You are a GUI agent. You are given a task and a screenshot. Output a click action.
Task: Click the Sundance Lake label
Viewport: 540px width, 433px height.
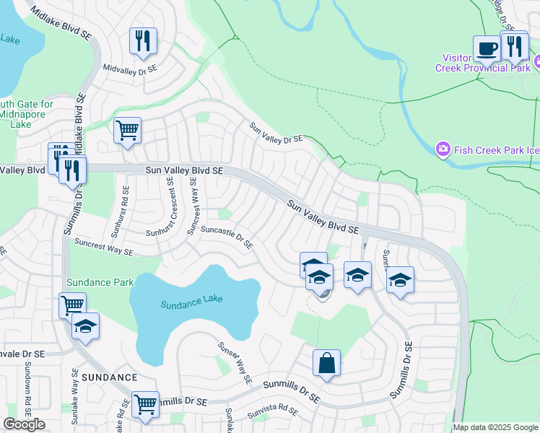pyautogui.click(x=191, y=303)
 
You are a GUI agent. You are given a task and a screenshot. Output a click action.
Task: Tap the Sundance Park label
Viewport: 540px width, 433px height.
pyautogui.click(x=100, y=281)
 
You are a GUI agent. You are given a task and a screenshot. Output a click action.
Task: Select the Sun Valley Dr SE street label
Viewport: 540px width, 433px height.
pyautogui.click(x=276, y=132)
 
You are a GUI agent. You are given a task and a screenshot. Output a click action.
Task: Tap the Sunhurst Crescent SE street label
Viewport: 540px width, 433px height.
pyautogui.click(x=171, y=206)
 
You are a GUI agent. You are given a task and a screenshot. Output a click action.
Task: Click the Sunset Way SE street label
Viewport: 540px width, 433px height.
pyautogui.click(x=235, y=361)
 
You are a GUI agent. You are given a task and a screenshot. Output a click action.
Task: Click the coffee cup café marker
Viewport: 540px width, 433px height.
pyautogui.click(x=487, y=49)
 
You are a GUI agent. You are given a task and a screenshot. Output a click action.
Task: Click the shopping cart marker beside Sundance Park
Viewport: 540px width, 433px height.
pyautogui.click(x=72, y=305)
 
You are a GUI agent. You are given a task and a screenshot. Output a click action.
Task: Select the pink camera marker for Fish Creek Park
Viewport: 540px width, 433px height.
pyautogui.click(x=443, y=149)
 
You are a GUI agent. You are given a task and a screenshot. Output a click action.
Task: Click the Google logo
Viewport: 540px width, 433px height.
pyautogui.click(x=24, y=424)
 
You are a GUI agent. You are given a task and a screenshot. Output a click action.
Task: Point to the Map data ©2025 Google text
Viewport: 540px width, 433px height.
pyautogui.click(x=495, y=427)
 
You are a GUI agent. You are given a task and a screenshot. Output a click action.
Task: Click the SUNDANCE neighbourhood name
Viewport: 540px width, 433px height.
pyautogui.click(x=109, y=377)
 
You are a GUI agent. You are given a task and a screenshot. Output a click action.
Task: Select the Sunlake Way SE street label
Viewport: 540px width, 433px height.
pyautogui.click(x=75, y=390)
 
